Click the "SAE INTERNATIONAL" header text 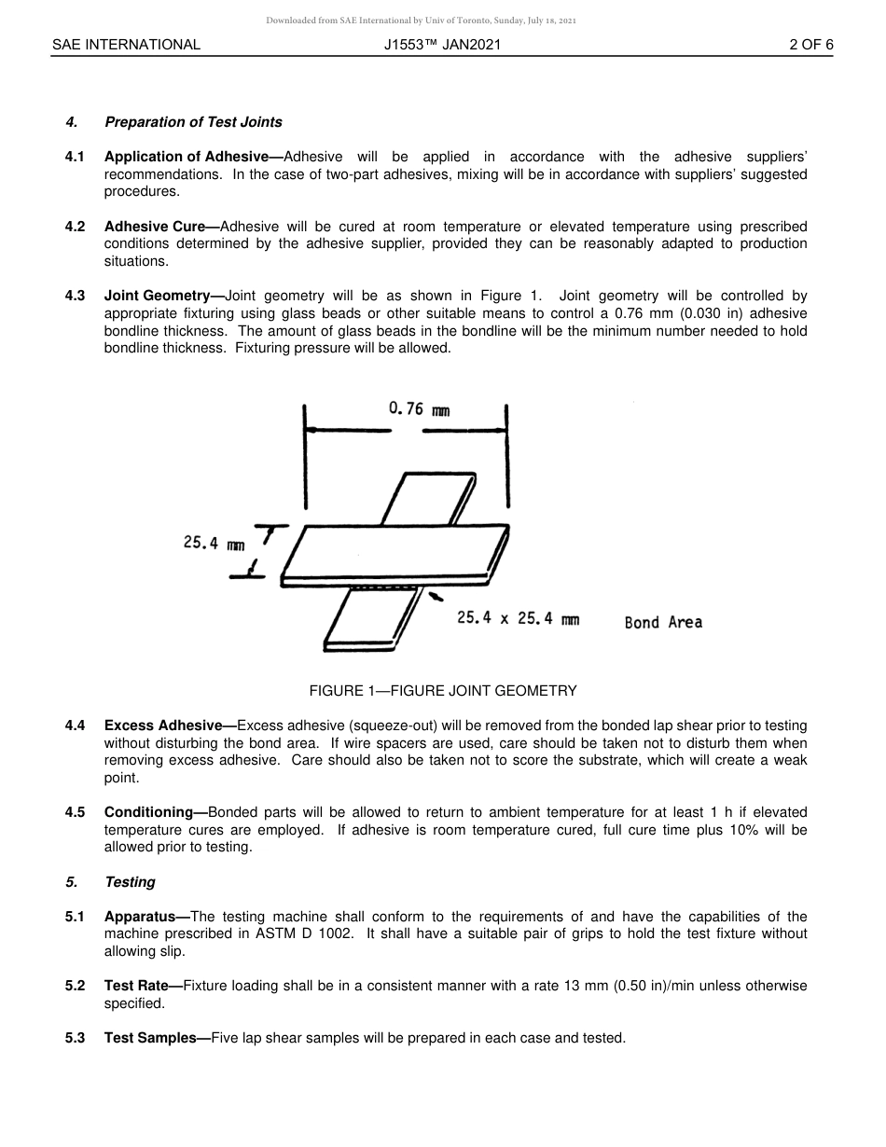[x=126, y=45]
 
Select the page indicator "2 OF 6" [x=810, y=45]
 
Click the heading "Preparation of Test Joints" [x=193, y=122]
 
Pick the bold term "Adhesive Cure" [x=156, y=227]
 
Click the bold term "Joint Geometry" [x=158, y=296]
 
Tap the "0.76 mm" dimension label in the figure [x=419, y=408]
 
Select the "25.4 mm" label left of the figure [x=214, y=543]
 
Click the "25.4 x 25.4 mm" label [x=518, y=618]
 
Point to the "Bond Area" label [x=663, y=623]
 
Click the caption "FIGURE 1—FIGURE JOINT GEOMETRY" [x=443, y=691]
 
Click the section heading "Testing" [x=130, y=882]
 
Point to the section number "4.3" [x=75, y=296]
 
